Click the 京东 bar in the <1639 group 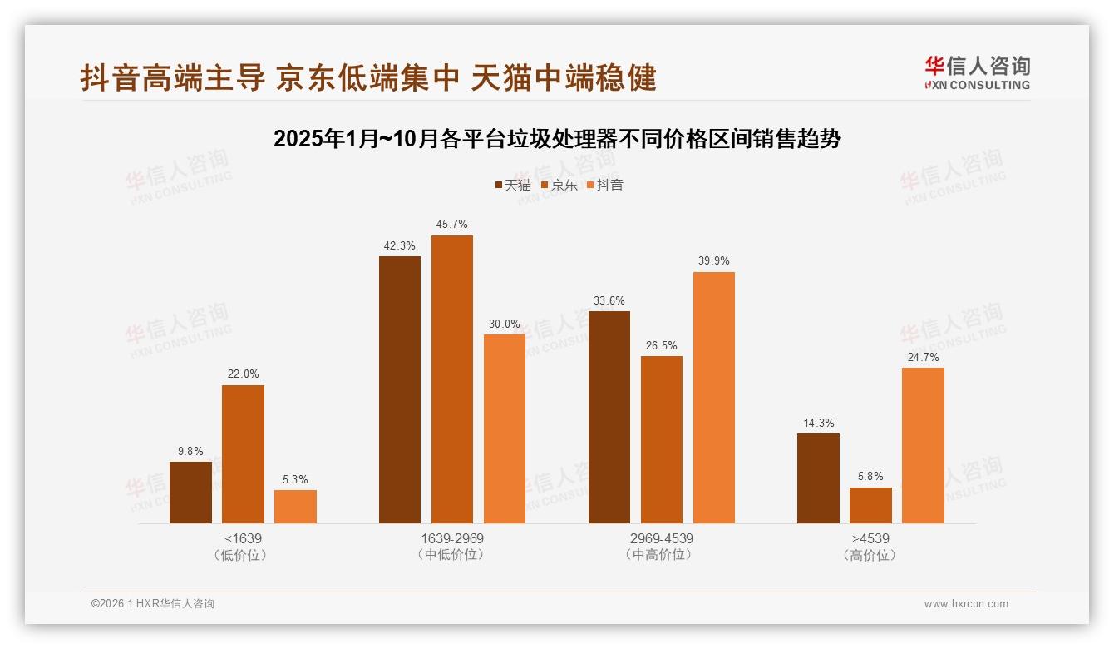[x=243, y=454]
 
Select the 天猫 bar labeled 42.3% [x=400, y=389]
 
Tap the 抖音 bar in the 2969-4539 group [x=714, y=398]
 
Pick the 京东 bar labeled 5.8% [x=870, y=505]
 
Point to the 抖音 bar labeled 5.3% [x=295, y=507]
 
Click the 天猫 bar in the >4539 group [x=818, y=478]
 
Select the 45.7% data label [x=451, y=225]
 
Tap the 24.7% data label [x=923, y=358]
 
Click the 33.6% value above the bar [x=609, y=301]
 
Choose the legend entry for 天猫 [x=513, y=186]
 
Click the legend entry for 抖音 [x=605, y=186]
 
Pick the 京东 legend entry [x=559, y=186]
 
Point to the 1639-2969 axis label [x=451, y=538]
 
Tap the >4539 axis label [x=870, y=538]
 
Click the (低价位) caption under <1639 [x=243, y=555]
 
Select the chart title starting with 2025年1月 [x=557, y=139]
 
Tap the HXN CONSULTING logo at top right [x=977, y=72]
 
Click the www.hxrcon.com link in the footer [x=966, y=604]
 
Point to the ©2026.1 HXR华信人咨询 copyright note [x=153, y=604]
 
